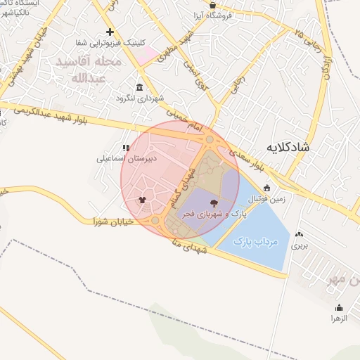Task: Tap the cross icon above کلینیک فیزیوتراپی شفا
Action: [109, 32]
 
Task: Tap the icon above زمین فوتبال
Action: [266, 187]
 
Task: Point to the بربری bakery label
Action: [300, 246]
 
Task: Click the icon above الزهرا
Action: [340, 308]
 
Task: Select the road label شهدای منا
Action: [189, 245]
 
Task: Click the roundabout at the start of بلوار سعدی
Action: [210, 141]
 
